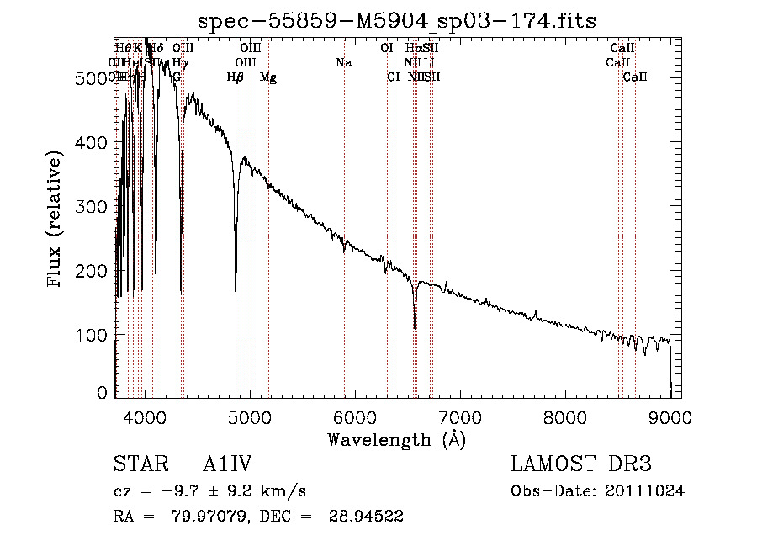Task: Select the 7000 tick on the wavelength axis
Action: point(460,416)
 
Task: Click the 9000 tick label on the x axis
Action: point(670,416)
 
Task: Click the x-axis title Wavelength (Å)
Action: point(395,439)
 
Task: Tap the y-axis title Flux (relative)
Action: point(56,220)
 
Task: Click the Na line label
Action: point(343,63)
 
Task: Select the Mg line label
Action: point(268,77)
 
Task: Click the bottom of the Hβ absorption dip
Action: point(236,299)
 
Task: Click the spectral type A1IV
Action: point(228,464)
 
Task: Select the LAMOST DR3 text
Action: point(581,464)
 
